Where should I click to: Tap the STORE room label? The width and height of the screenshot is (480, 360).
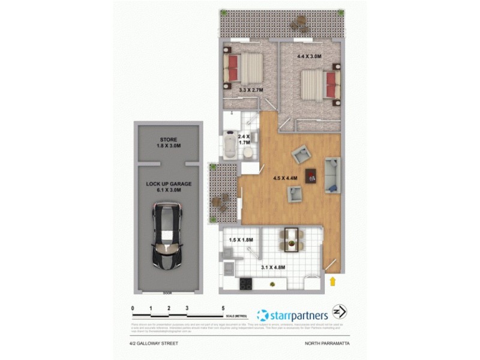(x=169, y=140)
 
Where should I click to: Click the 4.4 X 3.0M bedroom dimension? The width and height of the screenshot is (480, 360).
(x=310, y=56)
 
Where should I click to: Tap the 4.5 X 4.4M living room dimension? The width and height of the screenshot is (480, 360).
(x=285, y=178)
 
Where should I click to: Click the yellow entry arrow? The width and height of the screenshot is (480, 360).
(x=332, y=281)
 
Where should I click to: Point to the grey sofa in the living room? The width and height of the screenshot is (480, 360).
(x=333, y=175)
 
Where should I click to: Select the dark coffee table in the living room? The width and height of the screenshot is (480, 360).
(x=311, y=176)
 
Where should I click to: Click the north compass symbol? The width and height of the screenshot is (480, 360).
(x=340, y=313)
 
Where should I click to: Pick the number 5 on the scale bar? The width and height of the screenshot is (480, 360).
(x=223, y=308)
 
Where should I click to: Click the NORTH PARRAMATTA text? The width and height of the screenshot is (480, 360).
(x=325, y=344)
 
